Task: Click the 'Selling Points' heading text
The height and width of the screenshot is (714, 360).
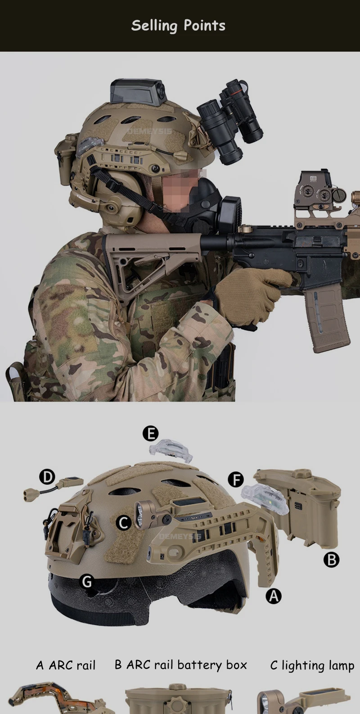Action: point(178,26)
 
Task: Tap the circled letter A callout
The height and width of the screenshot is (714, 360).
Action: point(274,596)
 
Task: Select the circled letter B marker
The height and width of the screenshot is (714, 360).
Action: point(331,560)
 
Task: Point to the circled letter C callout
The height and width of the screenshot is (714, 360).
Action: point(123,523)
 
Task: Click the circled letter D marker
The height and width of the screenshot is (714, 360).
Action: point(47,477)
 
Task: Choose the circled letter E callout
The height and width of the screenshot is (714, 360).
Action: point(150,434)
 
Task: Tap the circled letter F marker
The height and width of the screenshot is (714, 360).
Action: point(236,480)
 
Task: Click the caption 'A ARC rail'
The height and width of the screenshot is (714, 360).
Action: point(66,665)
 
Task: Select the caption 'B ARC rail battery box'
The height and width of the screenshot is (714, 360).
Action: point(180,665)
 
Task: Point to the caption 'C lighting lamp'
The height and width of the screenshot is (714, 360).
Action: point(312,665)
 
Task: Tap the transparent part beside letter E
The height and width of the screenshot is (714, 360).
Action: point(171,450)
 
